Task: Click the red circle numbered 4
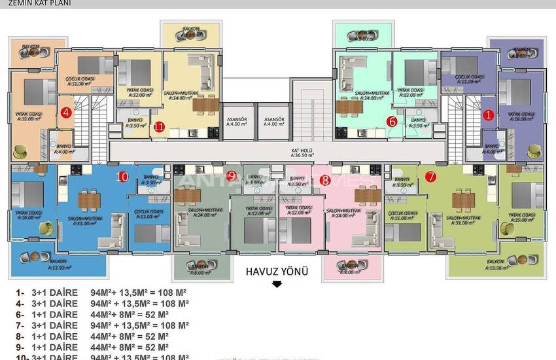click(66, 112)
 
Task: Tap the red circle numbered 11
click(158, 126)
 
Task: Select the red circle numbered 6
click(392, 121)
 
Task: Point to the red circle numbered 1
click(487, 115)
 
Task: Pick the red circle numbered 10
click(122, 176)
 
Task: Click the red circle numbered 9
click(232, 175)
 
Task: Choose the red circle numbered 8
click(326, 179)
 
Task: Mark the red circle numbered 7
click(430, 176)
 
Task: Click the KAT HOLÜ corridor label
click(301, 152)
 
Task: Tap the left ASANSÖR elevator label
click(237, 122)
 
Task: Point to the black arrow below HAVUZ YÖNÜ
click(277, 284)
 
